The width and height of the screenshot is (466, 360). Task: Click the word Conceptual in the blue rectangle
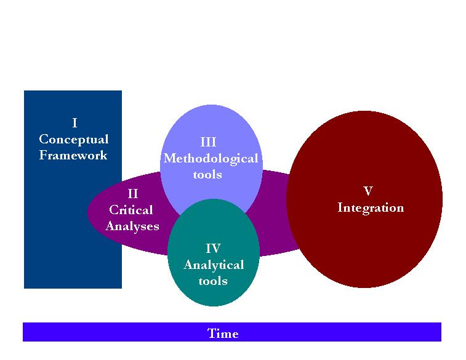click(x=73, y=139)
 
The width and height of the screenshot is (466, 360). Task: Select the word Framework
click(x=73, y=155)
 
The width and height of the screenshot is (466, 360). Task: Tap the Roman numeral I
click(x=74, y=123)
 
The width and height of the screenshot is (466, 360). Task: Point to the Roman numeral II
click(x=132, y=194)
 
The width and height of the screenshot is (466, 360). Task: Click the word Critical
click(x=131, y=210)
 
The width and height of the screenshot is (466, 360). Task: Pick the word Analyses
click(x=132, y=226)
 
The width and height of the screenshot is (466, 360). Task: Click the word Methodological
click(x=211, y=158)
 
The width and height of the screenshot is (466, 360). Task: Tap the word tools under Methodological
click(x=207, y=174)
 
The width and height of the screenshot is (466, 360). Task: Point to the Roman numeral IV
click(x=213, y=249)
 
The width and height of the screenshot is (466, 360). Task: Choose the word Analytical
click(x=214, y=265)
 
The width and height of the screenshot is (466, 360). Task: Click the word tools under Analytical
click(x=213, y=281)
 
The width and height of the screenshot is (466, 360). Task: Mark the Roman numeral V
click(x=368, y=191)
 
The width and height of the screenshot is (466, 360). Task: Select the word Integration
click(x=371, y=207)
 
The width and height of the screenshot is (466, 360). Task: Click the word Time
click(x=223, y=334)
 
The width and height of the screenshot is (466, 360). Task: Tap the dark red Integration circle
click(x=369, y=246)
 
